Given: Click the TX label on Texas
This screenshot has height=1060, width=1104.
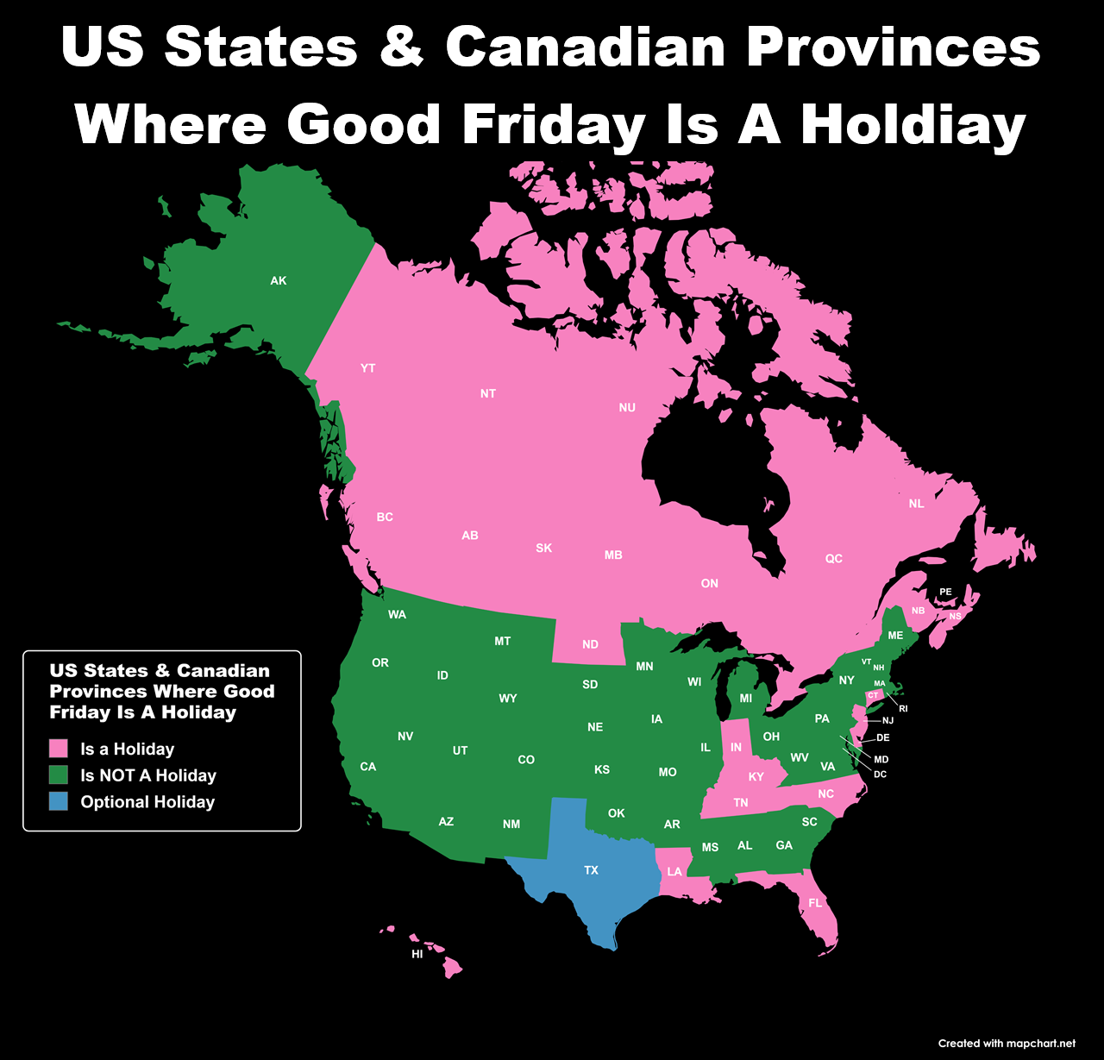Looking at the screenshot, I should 591,870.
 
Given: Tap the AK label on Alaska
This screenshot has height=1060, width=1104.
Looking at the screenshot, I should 279,281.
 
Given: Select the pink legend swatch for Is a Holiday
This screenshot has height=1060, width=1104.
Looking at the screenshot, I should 59,749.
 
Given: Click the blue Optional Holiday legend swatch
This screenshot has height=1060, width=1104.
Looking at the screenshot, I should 59,801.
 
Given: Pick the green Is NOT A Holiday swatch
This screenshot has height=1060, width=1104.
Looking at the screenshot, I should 59,775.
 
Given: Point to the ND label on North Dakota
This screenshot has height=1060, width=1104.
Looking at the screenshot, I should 590,644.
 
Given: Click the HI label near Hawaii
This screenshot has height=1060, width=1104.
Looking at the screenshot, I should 417,955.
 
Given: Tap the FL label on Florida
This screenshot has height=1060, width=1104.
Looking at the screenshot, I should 815,904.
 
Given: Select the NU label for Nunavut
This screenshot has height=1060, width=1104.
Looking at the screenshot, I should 627,408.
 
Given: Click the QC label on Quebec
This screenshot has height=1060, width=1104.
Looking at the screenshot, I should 834,559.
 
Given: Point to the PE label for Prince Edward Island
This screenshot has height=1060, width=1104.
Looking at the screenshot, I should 946,593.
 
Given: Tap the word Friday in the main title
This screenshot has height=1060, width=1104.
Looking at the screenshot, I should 553,125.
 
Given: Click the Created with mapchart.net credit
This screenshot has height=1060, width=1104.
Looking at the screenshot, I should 1007,1044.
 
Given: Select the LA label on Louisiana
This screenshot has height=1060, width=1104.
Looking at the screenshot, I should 674,872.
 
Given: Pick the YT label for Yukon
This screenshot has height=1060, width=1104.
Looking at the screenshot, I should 368,368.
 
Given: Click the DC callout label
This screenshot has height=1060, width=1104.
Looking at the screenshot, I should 880,775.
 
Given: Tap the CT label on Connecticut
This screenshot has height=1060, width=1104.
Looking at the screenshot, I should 874,695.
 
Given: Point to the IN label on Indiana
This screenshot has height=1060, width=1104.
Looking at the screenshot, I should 736,748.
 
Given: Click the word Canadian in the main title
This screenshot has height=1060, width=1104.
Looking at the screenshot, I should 586,47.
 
